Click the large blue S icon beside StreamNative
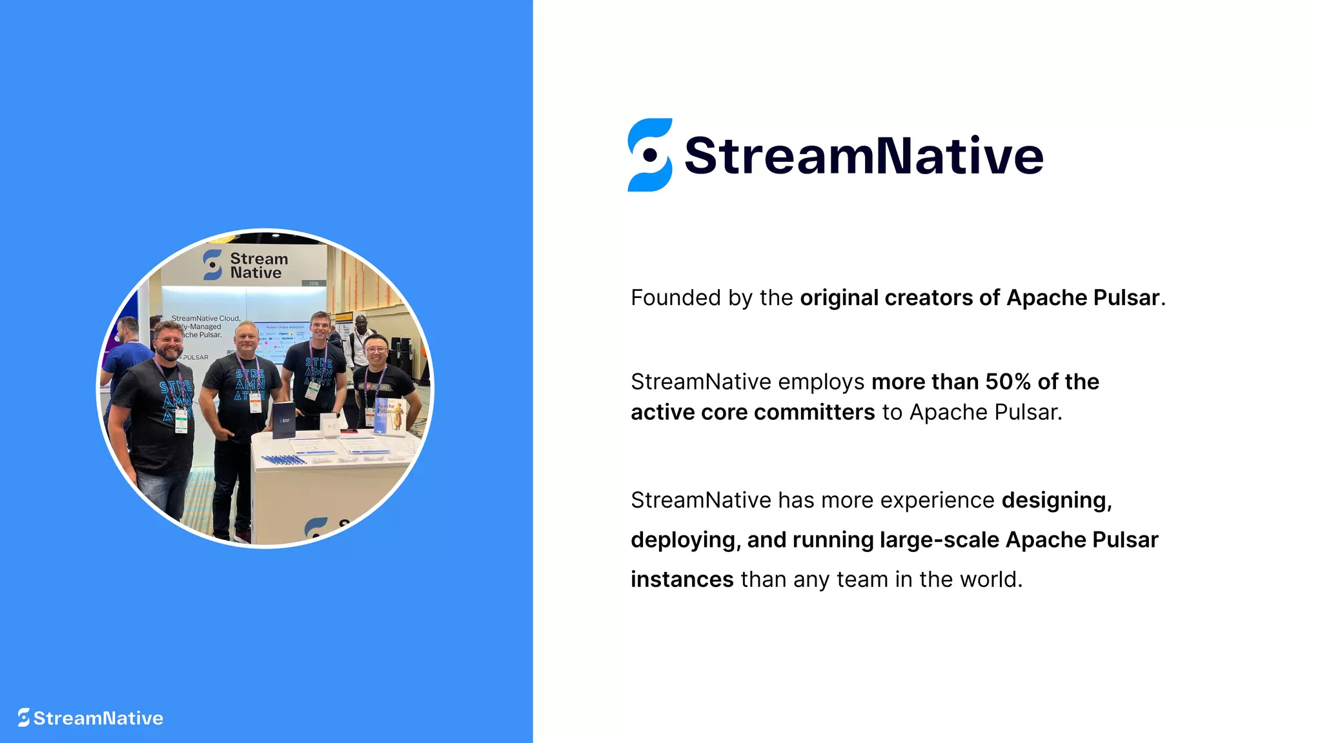[x=649, y=155]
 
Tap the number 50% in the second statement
[x=1008, y=382]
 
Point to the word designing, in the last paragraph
[x=1057, y=500]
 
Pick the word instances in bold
[x=682, y=579]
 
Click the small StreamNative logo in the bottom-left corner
[x=90, y=718]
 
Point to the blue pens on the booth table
[x=284, y=459]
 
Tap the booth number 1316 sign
[x=314, y=283]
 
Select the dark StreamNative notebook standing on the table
[x=283, y=420]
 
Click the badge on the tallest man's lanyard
[x=313, y=390]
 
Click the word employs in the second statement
[x=821, y=382]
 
